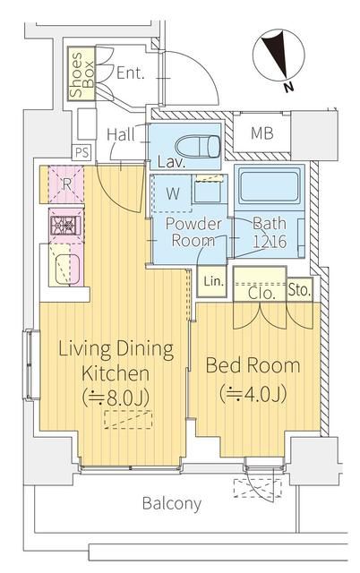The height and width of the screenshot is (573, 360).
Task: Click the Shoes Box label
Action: click(81, 74)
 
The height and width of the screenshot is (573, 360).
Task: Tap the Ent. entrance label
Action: click(131, 73)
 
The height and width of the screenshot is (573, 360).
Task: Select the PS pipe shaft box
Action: click(81, 152)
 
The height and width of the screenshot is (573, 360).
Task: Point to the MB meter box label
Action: click(262, 133)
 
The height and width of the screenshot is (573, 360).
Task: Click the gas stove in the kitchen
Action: click(65, 225)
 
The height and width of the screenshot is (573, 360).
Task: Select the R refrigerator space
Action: click(66, 184)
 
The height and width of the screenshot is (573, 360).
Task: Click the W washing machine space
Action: click(172, 193)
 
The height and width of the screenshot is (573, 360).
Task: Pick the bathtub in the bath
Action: click(269, 186)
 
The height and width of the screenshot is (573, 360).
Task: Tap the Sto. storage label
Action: click(300, 290)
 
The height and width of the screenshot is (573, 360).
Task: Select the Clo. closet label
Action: click(261, 293)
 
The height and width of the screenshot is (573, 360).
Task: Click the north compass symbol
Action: click(279, 55)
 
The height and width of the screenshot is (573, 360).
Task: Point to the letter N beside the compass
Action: click(288, 88)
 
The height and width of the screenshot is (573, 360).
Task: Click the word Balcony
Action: click(172, 504)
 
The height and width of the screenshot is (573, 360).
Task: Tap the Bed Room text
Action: click(253, 365)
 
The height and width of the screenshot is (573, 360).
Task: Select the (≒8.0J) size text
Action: click(116, 398)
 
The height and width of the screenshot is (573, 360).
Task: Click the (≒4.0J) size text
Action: click(253, 393)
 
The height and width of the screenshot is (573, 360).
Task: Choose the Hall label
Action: click(121, 134)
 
